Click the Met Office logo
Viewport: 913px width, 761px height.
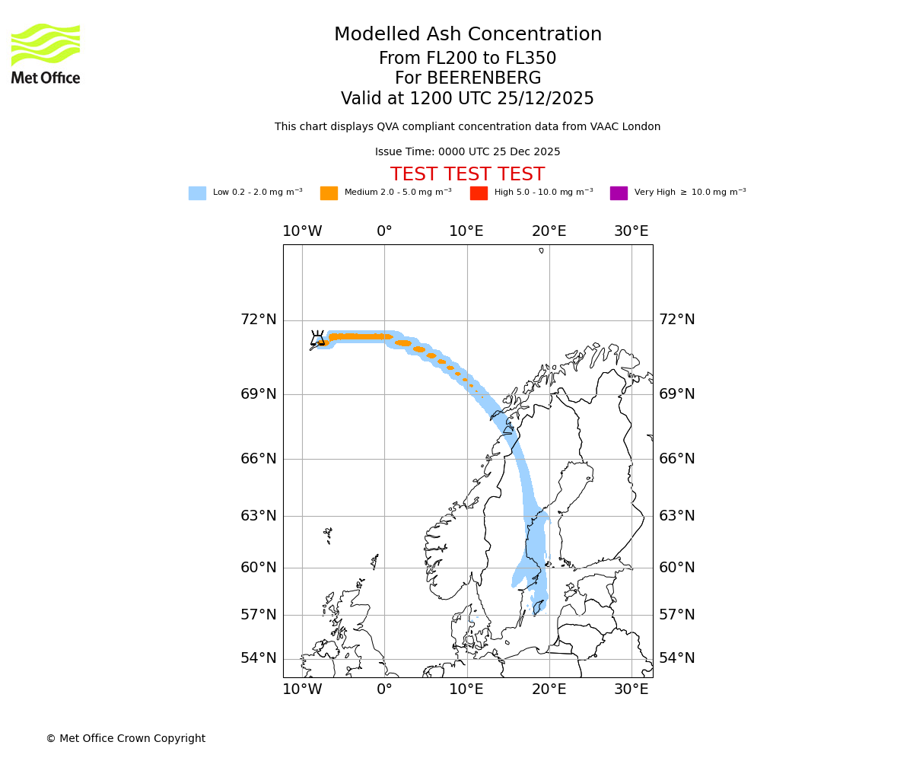[46, 53]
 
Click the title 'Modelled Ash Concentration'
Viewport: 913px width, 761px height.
[467, 34]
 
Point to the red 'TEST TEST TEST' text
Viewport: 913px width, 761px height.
[467, 174]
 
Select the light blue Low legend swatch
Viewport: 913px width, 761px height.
[197, 193]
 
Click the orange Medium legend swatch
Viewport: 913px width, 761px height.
[329, 193]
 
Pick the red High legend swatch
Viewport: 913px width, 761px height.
[479, 193]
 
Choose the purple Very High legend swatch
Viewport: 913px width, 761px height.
[619, 193]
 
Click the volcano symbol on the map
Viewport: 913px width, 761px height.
[318, 338]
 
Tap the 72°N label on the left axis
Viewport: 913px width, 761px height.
[259, 320]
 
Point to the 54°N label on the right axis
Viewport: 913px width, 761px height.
[676, 658]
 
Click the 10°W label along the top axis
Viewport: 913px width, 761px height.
[302, 231]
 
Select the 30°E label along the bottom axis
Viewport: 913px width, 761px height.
[631, 689]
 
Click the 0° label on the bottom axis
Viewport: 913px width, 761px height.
[384, 689]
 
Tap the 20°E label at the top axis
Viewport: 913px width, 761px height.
[549, 231]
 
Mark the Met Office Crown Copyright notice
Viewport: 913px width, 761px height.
[126, 738]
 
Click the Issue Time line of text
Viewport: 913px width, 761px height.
[467, 152]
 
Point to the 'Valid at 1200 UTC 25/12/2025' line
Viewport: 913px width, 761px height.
[467, 99]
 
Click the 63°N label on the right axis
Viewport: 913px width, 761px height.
[676, 516]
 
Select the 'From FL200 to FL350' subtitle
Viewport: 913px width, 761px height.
[467, 59]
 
